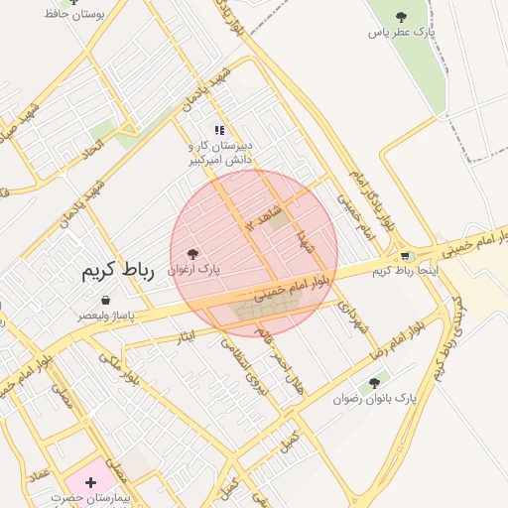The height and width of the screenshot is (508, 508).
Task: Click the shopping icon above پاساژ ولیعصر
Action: [105, 300]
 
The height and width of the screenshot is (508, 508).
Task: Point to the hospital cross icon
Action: [91, 482]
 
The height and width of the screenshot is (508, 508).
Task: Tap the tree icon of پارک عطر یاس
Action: [401, 17]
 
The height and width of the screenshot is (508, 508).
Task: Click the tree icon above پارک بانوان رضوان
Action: [374, 382]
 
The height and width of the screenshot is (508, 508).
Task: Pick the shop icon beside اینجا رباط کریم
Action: [405, 255]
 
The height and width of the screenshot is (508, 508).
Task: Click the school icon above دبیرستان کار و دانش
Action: [219, 130]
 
